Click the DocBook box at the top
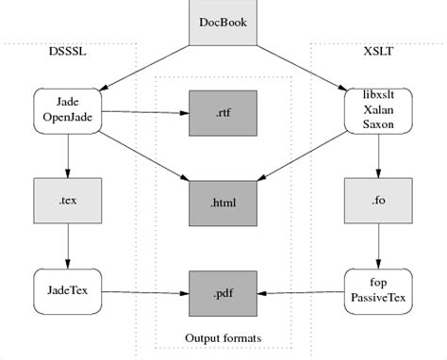coord(223,22)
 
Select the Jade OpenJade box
coord(67,110)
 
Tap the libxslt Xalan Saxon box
coord(378,110)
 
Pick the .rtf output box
coord(223,112)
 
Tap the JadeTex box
coord(67,289)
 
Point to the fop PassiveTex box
coord(378,289)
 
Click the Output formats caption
coord(223,337)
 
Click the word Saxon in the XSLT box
coord(378,124)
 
